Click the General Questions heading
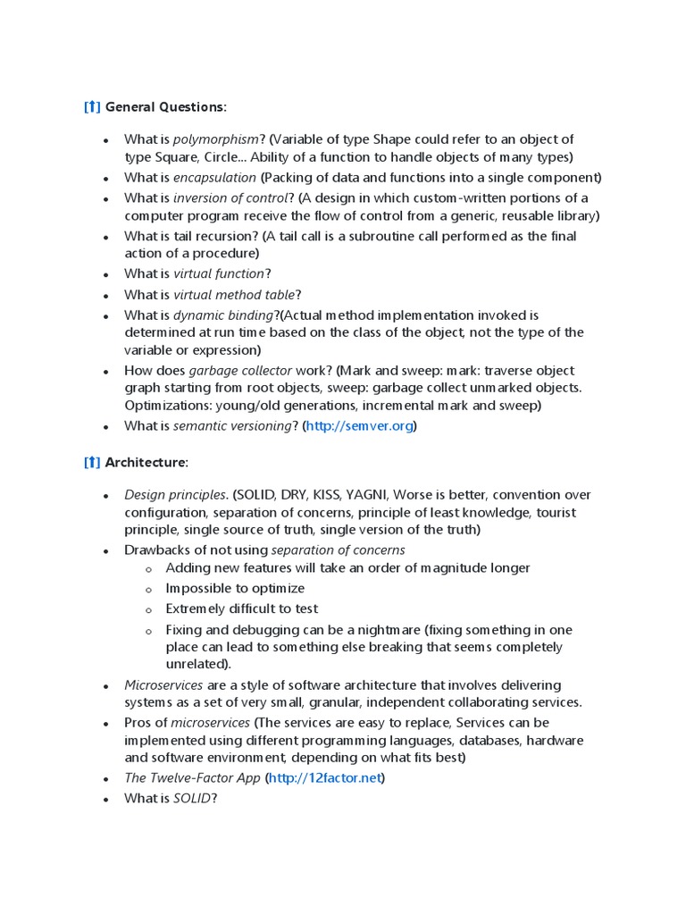(x=165, y=107)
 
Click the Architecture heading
(x=146, y=462)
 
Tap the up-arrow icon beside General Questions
(x=92, y=107)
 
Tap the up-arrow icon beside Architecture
(x=92, y=462)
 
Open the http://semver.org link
(x=359, y=426)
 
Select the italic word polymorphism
(x=216, y=139)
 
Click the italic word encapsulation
(x=214, y=177)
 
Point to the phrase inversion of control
(x=230, y=197)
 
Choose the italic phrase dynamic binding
(x=223, y=315)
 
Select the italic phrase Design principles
(x=176, y=495)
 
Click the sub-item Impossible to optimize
(x=235, y=588)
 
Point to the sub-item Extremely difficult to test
(x=241, y=609)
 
